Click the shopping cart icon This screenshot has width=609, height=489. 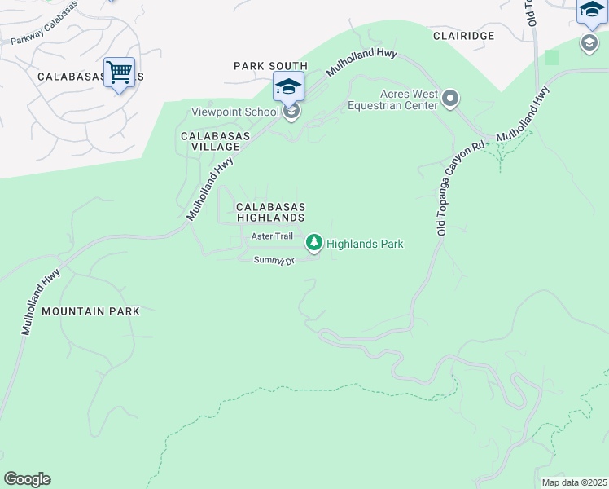(119, 73)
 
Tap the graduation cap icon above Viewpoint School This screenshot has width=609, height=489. (288, 86)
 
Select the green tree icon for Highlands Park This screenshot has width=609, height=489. (313, 243)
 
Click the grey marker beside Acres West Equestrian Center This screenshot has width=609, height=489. (450, 99)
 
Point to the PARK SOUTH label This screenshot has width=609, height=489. (270, 66)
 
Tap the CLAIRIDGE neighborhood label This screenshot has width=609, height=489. (463, 37)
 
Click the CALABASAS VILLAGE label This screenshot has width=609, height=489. (210, 141)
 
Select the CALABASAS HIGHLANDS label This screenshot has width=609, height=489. (270, 213)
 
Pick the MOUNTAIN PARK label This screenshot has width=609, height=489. (90, 311)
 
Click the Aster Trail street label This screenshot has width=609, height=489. (271, 236)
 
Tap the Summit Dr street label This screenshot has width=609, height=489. (273, 259)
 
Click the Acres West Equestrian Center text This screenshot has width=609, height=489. (392, 99)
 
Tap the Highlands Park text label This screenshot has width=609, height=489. (365, 244)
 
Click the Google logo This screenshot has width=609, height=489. (27, 479)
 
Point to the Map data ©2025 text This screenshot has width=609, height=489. (574, 482)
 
